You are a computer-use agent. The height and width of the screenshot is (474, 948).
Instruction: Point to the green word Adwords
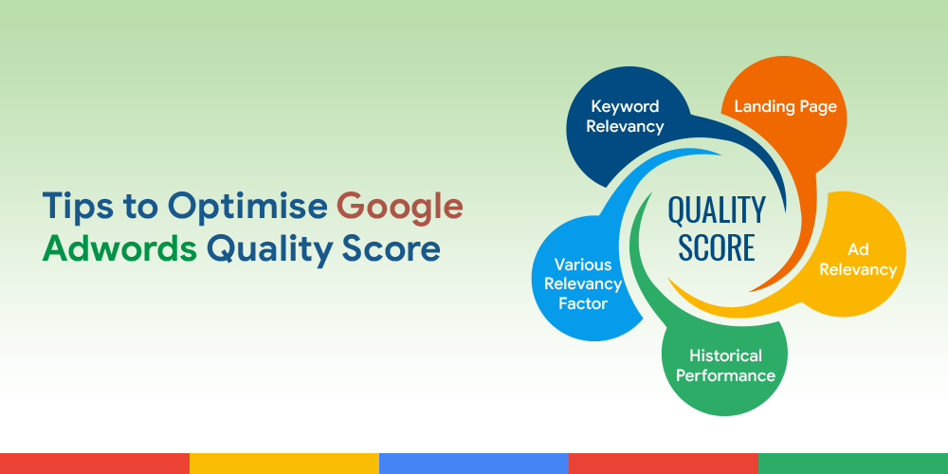click(119, 248)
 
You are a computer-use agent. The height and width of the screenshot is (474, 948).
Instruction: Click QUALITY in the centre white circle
click(716, 210)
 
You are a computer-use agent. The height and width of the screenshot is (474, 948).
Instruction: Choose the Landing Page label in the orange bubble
click(785, 106)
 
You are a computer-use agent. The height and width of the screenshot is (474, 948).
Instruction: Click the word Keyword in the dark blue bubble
click(625, 106)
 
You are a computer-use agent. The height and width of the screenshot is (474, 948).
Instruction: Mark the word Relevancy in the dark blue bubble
click(625, 126)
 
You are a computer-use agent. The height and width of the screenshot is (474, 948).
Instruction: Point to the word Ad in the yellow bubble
click(858, 250)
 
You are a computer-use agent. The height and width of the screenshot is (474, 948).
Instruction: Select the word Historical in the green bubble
click(725, 355)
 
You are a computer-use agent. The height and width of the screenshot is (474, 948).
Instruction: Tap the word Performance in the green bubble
click(725, 375)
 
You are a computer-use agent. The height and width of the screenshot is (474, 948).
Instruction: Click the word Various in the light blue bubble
click(583, 264)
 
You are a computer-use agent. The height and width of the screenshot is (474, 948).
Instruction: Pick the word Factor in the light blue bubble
click(583, 303)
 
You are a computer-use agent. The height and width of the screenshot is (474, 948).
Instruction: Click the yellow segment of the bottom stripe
click(284, 463)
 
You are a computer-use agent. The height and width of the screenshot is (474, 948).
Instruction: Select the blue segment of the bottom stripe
click(474, 463)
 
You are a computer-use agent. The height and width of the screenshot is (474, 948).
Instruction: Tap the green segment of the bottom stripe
click(853, 463)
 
